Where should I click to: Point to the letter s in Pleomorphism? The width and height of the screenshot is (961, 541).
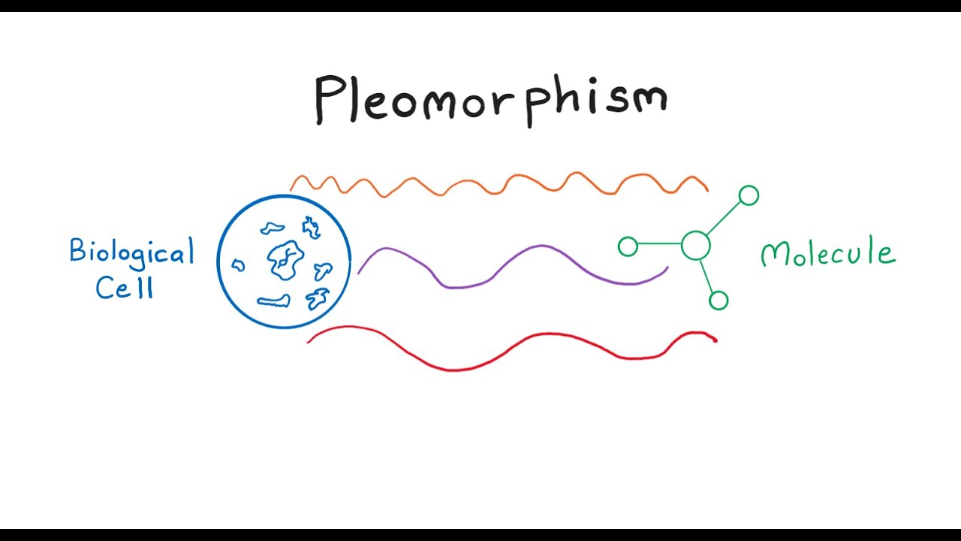[609, 101]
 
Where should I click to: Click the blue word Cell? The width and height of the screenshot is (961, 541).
[124, 286]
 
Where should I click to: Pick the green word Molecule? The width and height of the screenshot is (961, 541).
[828, 253]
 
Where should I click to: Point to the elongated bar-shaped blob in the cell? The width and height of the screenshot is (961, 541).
[273, 301]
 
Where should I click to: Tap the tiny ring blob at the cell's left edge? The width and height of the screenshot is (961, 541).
[238, 264]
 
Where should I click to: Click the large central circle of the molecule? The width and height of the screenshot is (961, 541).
[696, 246]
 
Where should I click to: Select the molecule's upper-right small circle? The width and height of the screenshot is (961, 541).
[749, 195]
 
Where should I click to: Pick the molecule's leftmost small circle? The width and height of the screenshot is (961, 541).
[628, 246]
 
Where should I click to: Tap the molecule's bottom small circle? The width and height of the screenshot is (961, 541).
[718, 301]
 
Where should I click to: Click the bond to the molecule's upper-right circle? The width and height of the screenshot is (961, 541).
[724, 219]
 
